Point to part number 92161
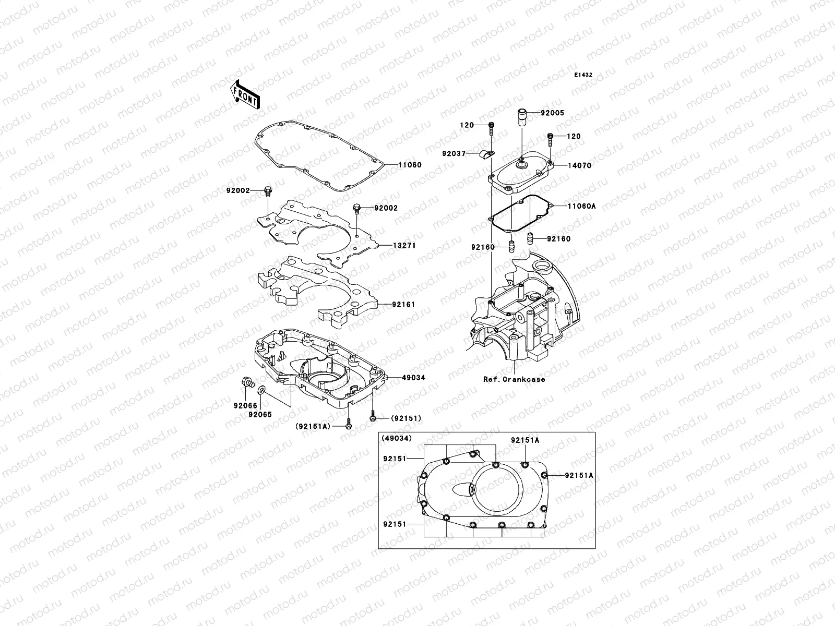point(403,304)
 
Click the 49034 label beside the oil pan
point(413,377)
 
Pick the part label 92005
point(552,113)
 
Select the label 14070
point(566,165)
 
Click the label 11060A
point(567,206)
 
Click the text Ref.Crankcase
point(514,379)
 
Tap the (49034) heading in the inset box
point(397,438)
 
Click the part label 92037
point(454,154)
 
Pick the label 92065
point(260,415)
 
